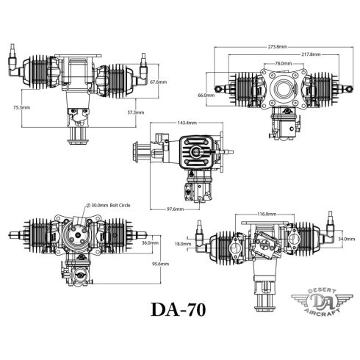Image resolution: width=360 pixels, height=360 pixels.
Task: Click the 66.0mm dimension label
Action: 206,95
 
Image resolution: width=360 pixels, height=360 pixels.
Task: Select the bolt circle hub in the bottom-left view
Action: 76,239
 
